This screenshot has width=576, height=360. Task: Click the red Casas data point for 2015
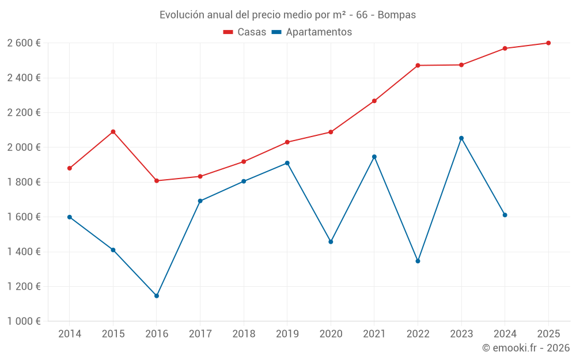tap(113, 132)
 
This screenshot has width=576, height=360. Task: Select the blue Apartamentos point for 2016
tap(157, 296)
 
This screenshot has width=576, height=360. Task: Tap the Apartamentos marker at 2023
tap(461, 138)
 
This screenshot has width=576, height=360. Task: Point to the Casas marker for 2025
tap(548, 43)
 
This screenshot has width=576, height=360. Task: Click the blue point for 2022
tap(418, 261)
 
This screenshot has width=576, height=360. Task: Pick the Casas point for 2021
tap(374, 101)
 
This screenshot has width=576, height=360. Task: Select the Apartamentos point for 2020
tap(331, 242)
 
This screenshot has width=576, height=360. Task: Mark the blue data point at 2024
tap(505, 215)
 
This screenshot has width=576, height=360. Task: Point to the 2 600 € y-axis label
tap(24, 43)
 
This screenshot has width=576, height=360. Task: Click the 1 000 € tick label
tap(24, 321)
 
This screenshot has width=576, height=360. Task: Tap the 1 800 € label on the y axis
tap(24, 182)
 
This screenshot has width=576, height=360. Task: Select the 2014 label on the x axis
tap(70, 334)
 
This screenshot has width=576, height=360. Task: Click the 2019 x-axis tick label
tap(287, 334)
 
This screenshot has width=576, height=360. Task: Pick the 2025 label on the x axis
tap(548, 334)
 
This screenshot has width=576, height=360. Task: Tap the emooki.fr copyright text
tap(526, 348)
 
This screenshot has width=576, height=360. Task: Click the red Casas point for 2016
tap(157, 181)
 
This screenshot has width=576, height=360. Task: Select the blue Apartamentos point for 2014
tap(70, 217)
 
